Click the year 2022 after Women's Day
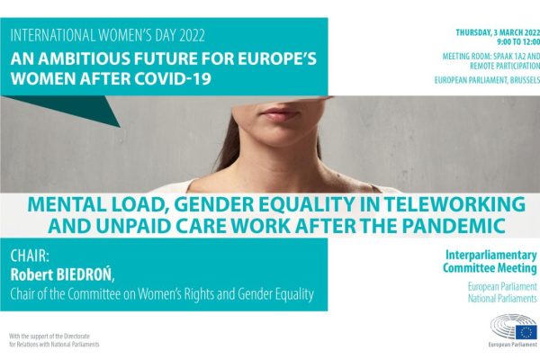tap(192, 36)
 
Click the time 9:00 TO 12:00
tap(518, 41)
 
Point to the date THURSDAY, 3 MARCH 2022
tap(498, 32)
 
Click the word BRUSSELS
tap(526, 80)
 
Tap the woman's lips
tap(280, 114)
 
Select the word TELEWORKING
tap(454, 204)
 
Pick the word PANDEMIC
tap(454, 226)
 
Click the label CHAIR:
tap(30, 256)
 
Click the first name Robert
tap(31, 274)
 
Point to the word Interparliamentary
tap(491, 256)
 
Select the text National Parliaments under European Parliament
tap(502, 298)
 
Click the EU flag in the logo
tap(526, 332)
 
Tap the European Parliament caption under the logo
tap(512, 345)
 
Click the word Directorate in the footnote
tap(77, 336)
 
